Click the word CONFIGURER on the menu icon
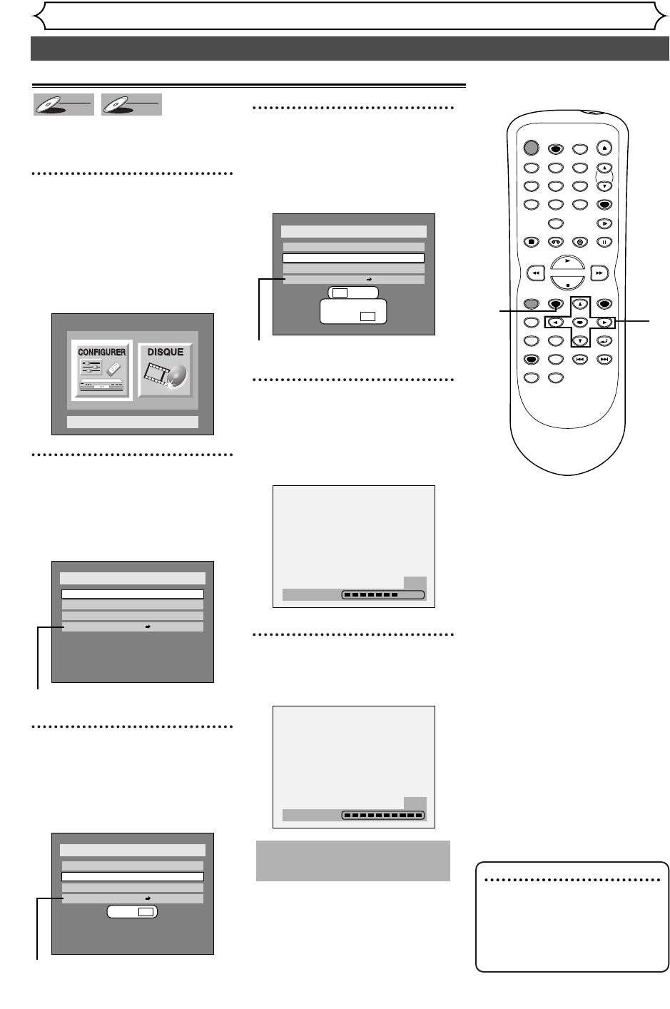(x=102, y=352)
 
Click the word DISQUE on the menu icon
(x=165, y=352)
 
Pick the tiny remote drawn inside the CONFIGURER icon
(x=113, y=369)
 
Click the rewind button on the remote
(x=534, y=273)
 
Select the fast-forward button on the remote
(x=602, y=273)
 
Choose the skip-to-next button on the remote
(x=604, y=359)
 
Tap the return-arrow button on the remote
(x=604, y=340)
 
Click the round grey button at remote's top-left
(x=530, y=148)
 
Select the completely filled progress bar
(x=382, y=815)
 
